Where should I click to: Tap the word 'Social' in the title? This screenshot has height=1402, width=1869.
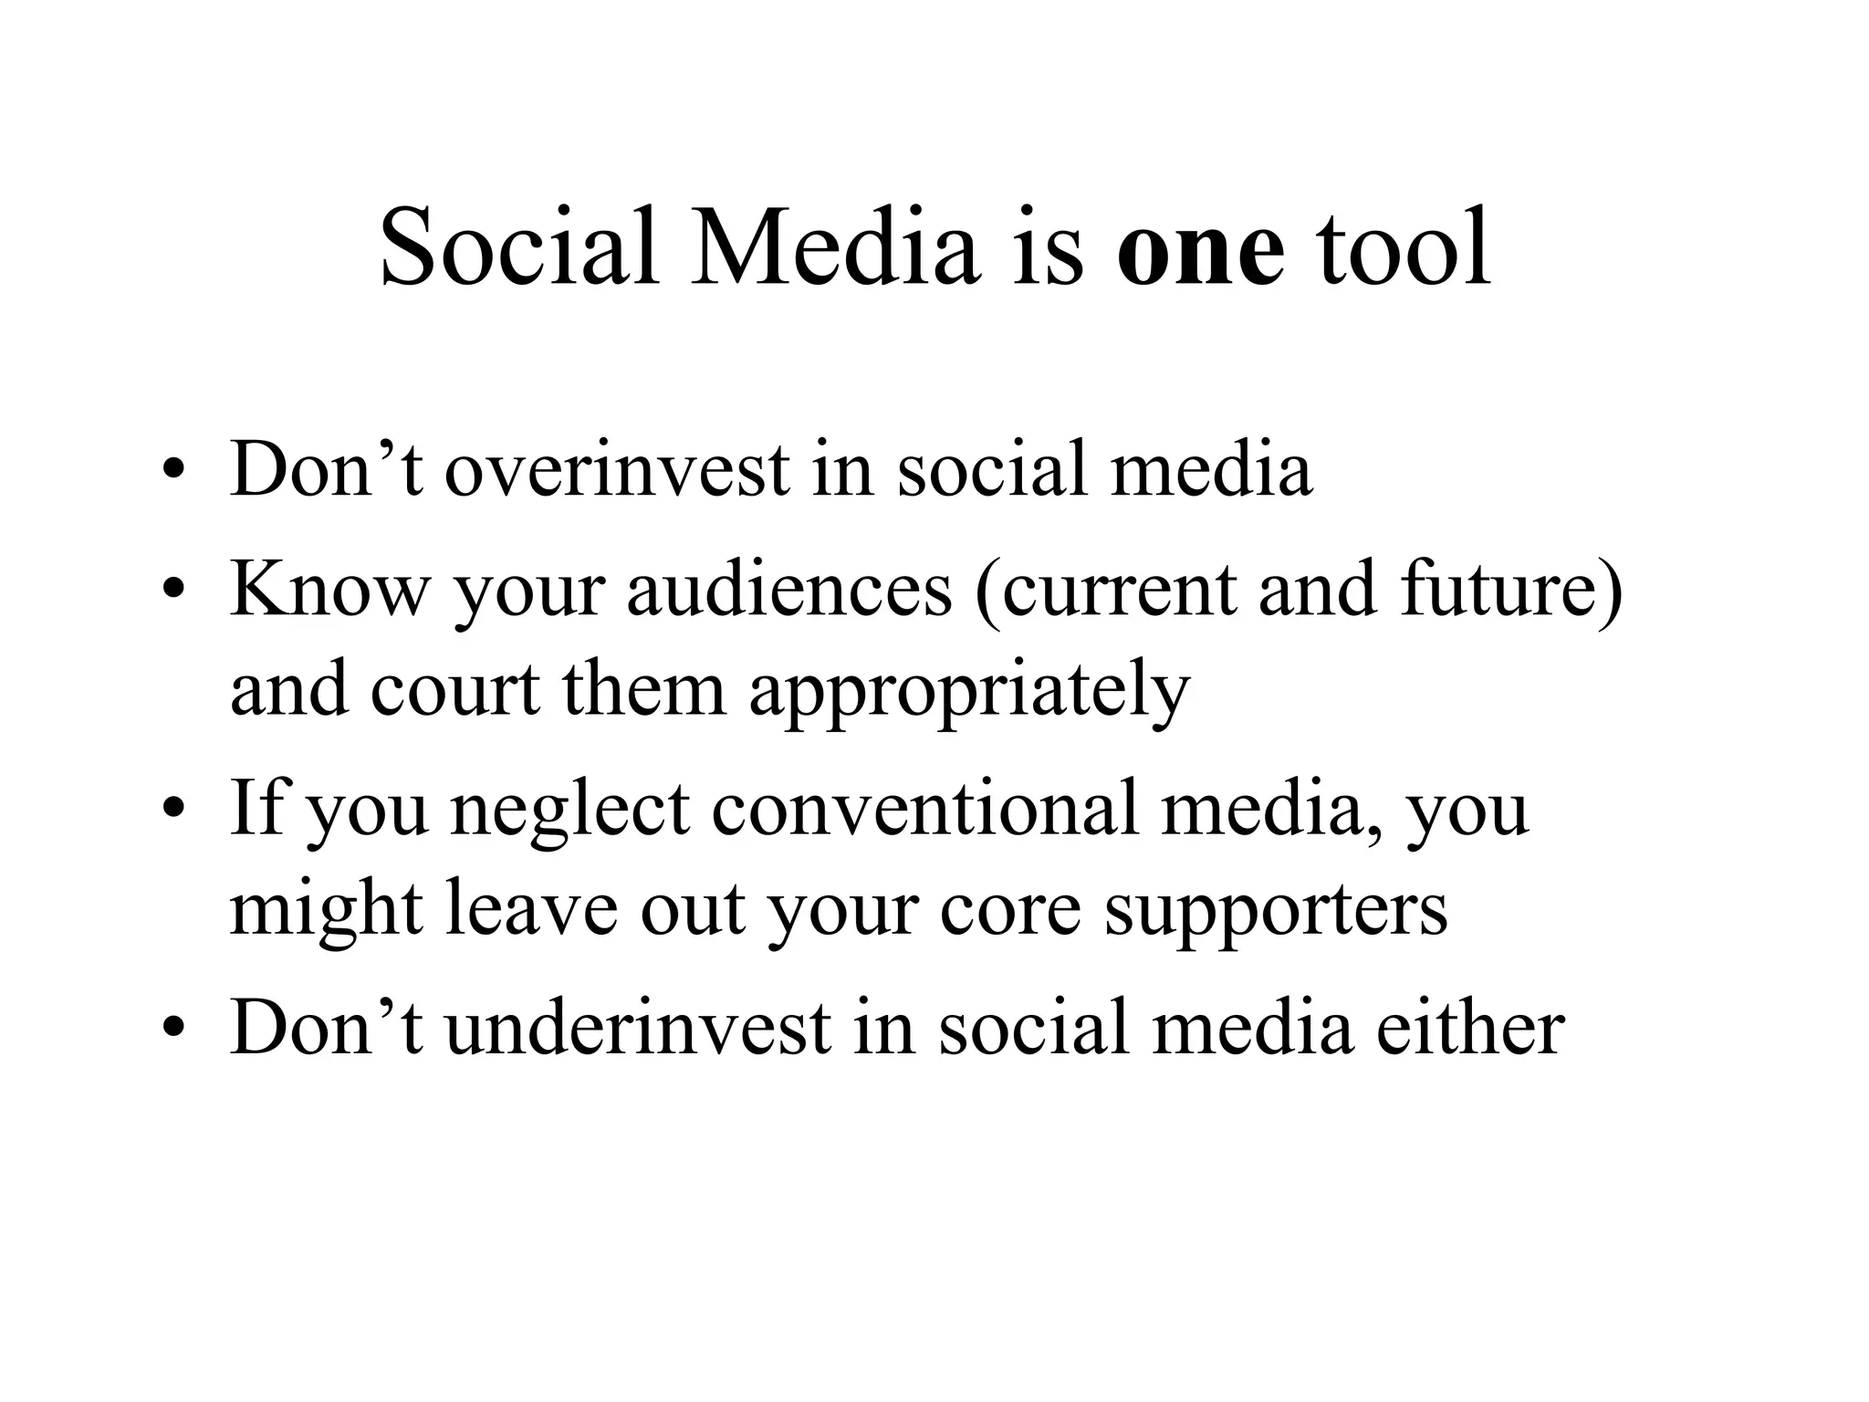(x=518, y=248)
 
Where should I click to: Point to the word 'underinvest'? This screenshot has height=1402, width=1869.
(x=638, y=1029)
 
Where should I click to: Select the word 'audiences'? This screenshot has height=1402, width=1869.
(x=789, y=590)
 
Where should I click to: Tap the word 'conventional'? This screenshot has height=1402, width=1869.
(x=925, y=809)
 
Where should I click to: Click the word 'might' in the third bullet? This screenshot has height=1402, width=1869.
(x=326, y=911)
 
